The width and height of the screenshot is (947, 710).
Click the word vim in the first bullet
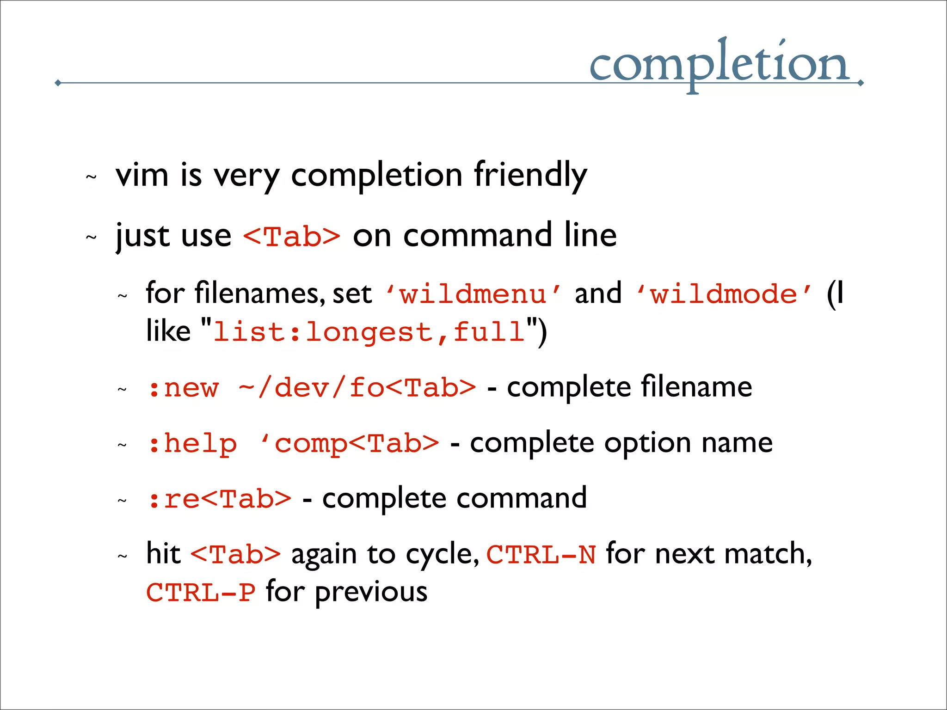point(142,176)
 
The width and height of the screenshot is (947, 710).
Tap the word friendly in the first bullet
point(530,176)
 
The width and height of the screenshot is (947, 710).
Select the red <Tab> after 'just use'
point(292,236)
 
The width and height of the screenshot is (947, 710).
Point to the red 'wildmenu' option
point(473,294)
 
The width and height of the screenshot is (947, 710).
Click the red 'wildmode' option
point(724,294)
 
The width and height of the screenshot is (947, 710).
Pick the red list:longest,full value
point(369,332)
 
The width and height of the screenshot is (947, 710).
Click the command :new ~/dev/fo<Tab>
point(311,387)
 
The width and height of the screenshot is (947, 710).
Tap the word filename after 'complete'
point(696,387)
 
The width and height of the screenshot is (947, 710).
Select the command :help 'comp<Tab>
point(293,443)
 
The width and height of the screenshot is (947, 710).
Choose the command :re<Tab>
point(219,499)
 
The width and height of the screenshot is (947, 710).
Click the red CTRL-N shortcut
point(541,555)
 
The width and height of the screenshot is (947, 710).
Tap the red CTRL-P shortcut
point(201,593)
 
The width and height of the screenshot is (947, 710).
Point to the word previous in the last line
point(371,593)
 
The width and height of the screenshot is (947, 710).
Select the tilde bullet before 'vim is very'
point(91,177)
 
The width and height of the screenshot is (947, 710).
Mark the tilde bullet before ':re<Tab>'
point(122,501)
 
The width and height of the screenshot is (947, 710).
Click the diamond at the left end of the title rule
point(58,83)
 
